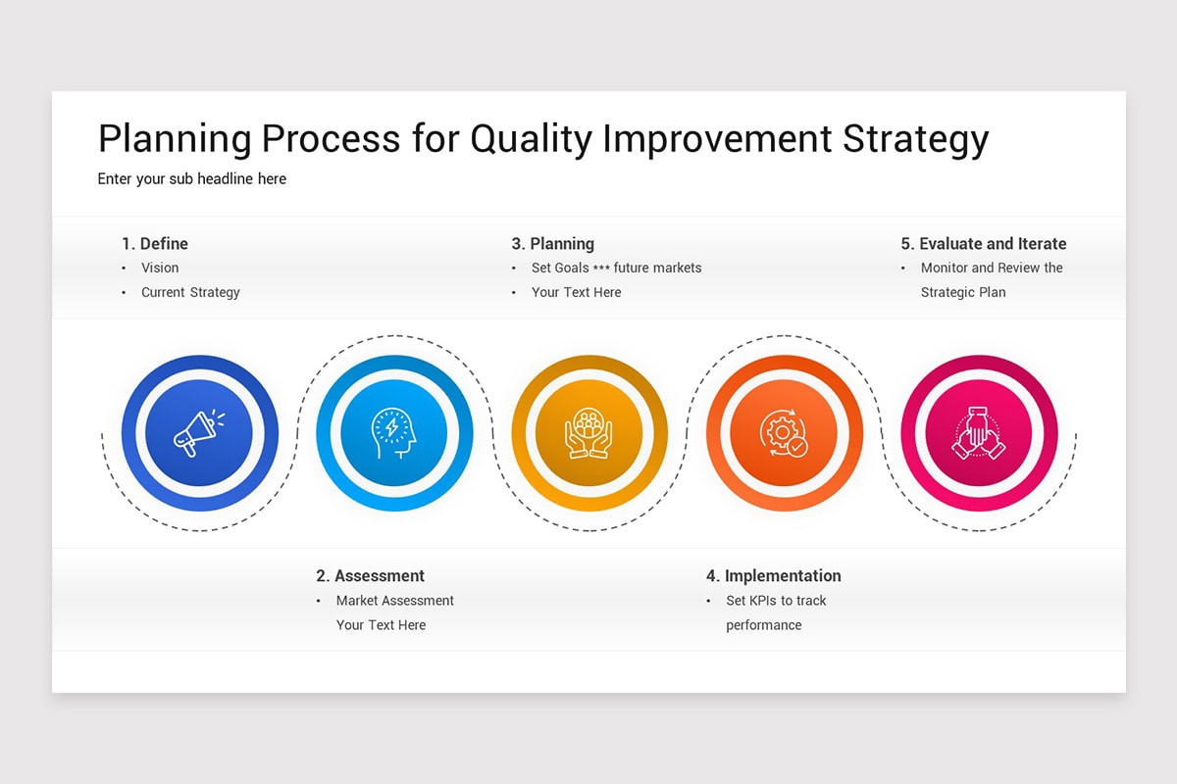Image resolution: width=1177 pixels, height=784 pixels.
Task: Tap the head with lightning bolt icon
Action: tap(393, 433)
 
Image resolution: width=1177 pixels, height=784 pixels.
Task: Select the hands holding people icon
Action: tap(588, 433)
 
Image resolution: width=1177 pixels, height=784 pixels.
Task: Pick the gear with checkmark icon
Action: tap(784, 433)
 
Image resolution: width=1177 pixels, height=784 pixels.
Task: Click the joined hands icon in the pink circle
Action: tap(978, 433)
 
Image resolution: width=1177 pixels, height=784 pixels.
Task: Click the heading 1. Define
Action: tap(155, 244)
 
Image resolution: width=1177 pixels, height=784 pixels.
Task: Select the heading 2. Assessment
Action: tap(371, 576)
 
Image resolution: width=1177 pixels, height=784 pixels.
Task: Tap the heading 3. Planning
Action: tap(552, 244)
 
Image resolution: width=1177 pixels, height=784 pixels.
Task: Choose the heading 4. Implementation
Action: tap(773, 576)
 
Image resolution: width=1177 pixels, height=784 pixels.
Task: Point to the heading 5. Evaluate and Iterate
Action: tap(983, 244)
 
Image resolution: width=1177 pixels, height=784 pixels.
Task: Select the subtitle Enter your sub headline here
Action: tap(192, 179)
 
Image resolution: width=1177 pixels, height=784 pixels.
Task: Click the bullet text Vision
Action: tap(160, 268)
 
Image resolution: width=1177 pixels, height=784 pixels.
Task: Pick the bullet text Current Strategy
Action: tap(190, 292)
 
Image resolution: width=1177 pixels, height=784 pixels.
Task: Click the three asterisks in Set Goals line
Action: tap(601, 269)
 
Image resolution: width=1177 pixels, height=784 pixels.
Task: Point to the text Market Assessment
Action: tap(395, 601)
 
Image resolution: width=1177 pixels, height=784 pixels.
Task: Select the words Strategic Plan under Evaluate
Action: tap(963, 292)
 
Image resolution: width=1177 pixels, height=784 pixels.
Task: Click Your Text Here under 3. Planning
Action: tap(576, 292)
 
